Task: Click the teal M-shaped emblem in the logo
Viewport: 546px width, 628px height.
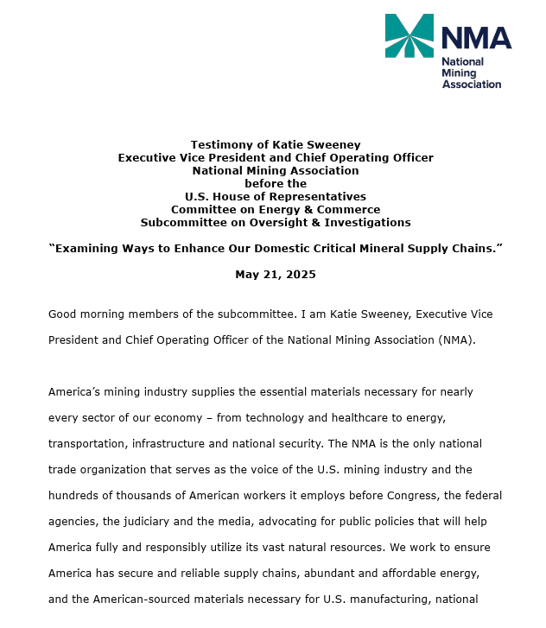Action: (x=409, y=35)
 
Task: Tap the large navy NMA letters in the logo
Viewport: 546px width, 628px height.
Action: (x=476, y=38)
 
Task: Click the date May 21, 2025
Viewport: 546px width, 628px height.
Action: (x=276, y=275)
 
